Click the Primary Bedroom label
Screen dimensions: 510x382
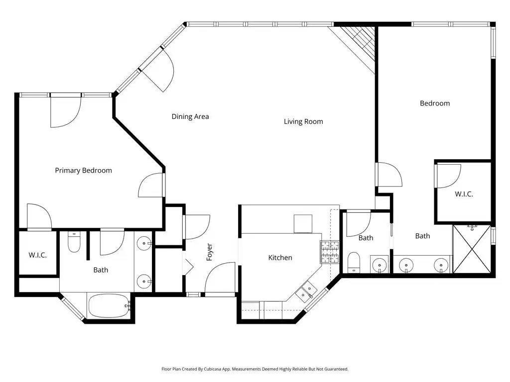pos(83,171)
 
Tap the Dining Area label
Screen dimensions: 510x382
pos(190,116)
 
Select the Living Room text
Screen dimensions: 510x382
pos(303,121)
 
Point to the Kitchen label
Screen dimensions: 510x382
pos(280,258)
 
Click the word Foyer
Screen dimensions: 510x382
pos(210,252)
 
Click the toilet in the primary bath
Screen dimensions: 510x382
pos(74,242)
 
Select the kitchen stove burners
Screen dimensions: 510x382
pos(330,252)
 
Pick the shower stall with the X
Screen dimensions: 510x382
pos(472,249)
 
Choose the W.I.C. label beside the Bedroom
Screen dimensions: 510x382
pos(464,194)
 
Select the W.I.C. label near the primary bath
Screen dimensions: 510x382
pos(38,255)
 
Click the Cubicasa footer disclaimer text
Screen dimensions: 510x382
pos(255,369)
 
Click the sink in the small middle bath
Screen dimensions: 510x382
pos(379,265)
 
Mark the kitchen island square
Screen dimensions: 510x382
pos(303,223)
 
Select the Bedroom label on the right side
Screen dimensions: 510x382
pos(435,103)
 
